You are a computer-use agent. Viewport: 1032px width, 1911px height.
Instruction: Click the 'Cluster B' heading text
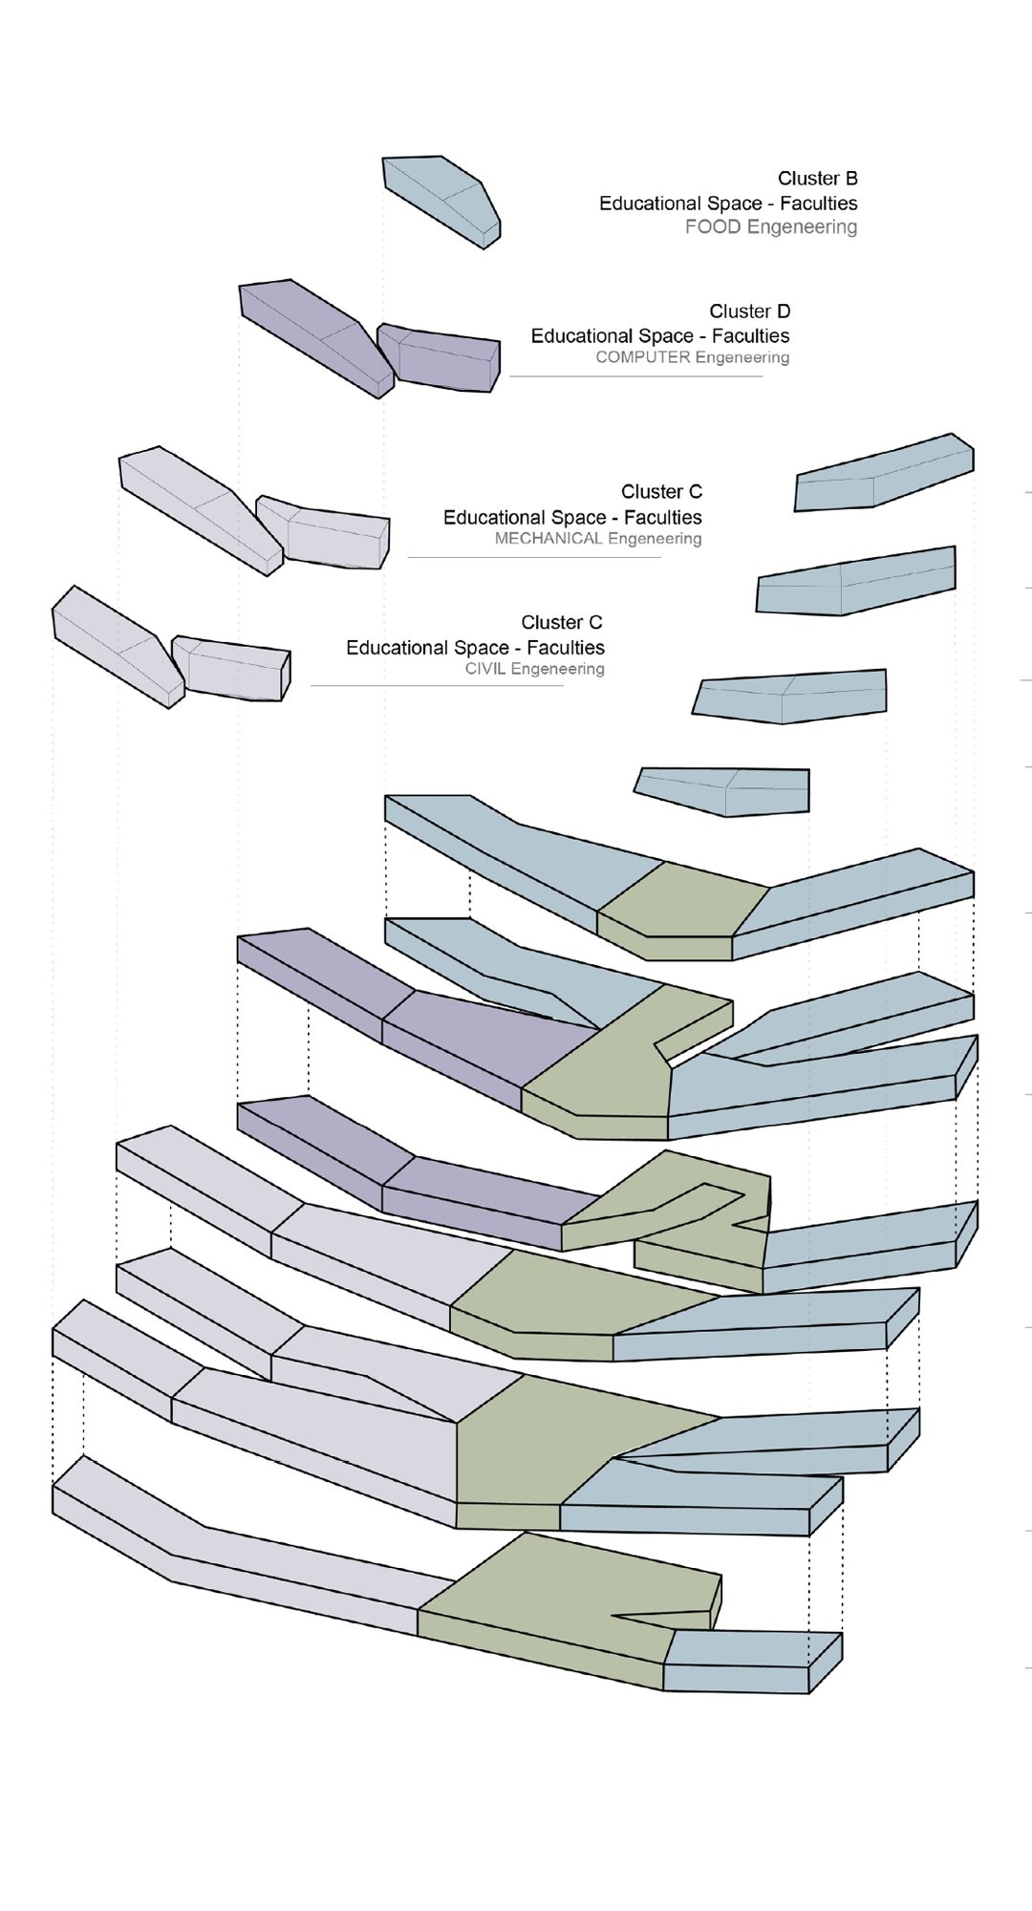click(x=817, y=179)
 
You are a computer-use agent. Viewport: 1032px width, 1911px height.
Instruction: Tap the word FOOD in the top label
click(x=713, y=227)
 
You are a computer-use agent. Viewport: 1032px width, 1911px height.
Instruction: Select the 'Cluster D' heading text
click(x=749, y=311)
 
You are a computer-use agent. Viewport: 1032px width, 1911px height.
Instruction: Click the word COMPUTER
click(x=642, y=357)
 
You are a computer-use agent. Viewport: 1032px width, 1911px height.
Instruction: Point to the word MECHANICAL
click(x=548, y=539)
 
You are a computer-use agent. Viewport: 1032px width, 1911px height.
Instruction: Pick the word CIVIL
click(x=485, y=669)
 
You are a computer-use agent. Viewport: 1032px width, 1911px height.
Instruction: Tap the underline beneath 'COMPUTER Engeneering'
click(x=635, y=376)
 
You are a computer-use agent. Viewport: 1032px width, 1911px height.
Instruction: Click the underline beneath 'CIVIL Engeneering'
click(x=437, y=685)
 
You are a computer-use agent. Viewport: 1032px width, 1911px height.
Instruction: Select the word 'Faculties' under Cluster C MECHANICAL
click(x=662, y=518)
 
